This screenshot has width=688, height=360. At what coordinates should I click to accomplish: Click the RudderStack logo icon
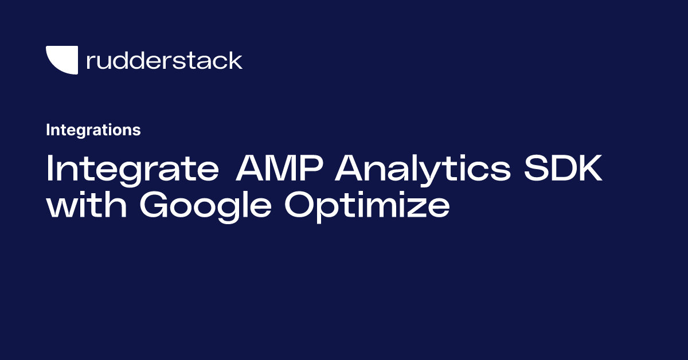pos(61,60)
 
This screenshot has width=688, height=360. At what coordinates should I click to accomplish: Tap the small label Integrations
pos(93,130)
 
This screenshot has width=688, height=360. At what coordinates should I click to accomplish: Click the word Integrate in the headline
pos(132,169)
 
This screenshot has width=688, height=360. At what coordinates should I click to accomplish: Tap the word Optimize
pos(367,206)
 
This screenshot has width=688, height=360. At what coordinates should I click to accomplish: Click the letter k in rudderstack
pos(235,60)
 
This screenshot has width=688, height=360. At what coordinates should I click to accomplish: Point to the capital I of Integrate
pos(50,169)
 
